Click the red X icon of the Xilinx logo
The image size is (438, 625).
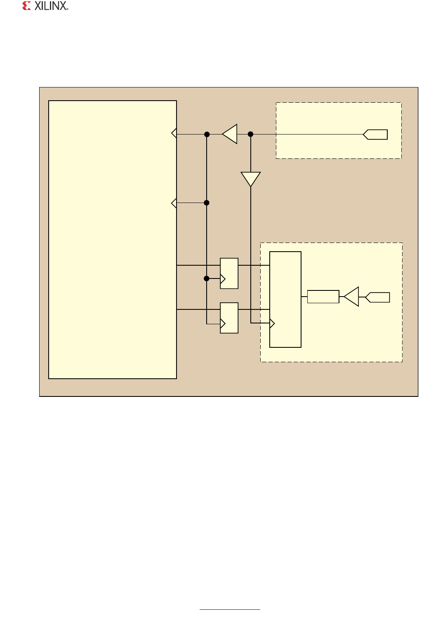pos(26,6)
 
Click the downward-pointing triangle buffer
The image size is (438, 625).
pos(251,179)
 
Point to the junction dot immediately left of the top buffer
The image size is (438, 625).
pos(207,134)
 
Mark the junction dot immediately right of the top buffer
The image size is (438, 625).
pos(250,134)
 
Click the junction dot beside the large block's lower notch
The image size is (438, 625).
pos(207,203)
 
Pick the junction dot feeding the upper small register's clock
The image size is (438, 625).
pos(207,278)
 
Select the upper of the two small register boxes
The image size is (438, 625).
pos(229,273)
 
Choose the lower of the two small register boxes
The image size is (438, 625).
pos(229,318)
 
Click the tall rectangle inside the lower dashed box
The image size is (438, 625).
pos(285,300)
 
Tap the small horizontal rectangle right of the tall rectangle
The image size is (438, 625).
pos(323,297)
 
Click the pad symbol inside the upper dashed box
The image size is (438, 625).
pos(376,134)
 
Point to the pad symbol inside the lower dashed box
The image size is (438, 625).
pos(378,297)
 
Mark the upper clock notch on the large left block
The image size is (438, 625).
pos(174,133)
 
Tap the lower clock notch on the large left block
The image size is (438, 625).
pos(174,203)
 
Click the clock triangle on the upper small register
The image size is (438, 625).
pos(223,279)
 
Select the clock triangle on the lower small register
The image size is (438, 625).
pos(223,324)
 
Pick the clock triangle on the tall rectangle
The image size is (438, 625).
pos(272,323)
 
